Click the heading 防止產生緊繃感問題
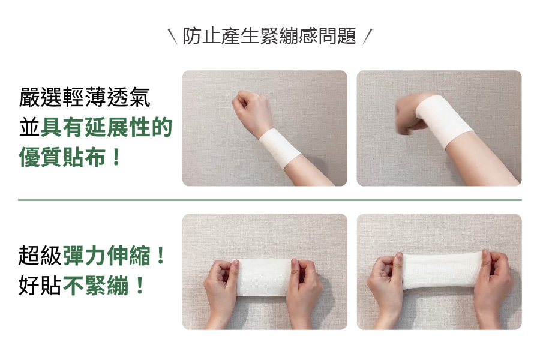tap(269, 36)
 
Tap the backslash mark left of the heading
tap(173, 37)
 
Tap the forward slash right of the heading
tap(367, 37)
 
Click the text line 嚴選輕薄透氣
tap(85, 97)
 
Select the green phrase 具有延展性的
tap(106, 127)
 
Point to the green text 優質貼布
tap(62, 157)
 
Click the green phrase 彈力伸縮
tap(107, 256)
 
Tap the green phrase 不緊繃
tap(96, 285)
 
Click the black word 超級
tap(40, 256)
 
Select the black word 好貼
tap(40, 285)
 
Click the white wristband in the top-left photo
tap(280, 149)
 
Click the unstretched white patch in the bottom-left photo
tap(265, 277)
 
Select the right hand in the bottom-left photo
tap(305, 293)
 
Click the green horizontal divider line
tap(270, 200)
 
